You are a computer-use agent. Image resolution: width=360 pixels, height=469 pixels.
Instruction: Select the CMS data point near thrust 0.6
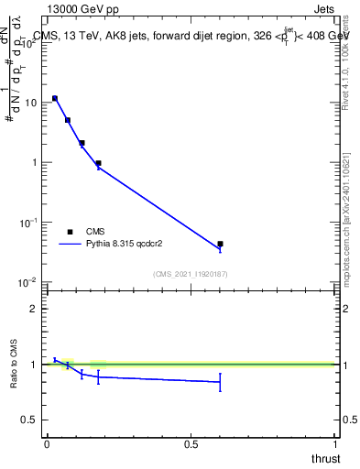coord(220,245)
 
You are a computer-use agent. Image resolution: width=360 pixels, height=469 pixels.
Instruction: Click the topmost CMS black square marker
coord(55,98)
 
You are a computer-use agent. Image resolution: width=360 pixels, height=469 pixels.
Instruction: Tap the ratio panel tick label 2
coord(35,309)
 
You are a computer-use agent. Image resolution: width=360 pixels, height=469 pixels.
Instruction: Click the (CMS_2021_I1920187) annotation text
coord(191,274)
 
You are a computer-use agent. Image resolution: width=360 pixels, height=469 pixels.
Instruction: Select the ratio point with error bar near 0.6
coord(220,381)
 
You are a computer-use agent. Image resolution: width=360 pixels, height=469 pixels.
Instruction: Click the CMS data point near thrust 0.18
coord(98,163)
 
